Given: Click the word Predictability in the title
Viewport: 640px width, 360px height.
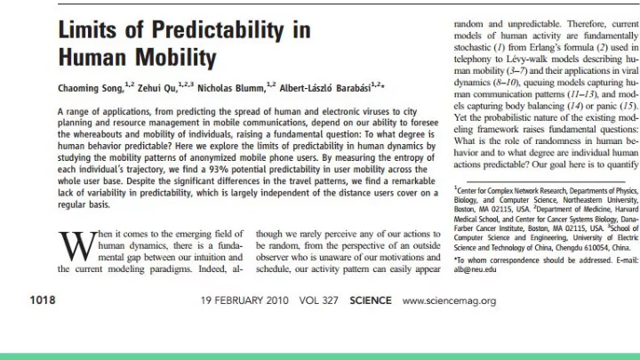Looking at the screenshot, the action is [x=217, y=30].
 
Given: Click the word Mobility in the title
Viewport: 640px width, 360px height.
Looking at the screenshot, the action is [x=176, y=57].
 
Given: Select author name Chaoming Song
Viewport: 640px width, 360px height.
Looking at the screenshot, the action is [x=90, y=88].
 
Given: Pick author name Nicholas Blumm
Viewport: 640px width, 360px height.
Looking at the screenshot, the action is [x=231, y=88].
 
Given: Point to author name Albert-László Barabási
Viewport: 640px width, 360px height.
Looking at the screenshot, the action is [x=325, y=88].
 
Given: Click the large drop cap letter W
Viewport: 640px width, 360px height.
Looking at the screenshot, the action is [x=77, y=246].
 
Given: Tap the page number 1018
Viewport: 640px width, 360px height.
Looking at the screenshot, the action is [x=43, y=300].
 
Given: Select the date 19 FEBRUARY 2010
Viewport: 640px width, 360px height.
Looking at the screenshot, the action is [x=244, y=300].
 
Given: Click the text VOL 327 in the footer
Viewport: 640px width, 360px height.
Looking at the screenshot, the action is [x=318, y=300].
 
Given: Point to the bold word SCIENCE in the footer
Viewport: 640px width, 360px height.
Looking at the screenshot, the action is [x=370, y=300].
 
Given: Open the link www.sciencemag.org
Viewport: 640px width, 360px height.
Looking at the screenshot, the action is [x=449, y=301].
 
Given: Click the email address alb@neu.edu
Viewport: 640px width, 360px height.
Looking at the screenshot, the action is [x=475, y=269].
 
